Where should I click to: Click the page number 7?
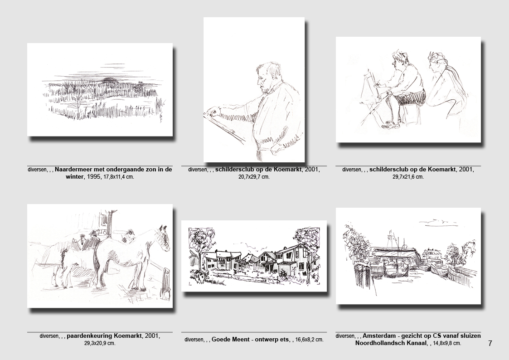pyautogui.click(x=490, y=343)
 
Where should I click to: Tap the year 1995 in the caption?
pyautogui.click(x=93, y=177)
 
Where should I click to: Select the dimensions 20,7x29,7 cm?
pyautogui.click(x=254, y=177)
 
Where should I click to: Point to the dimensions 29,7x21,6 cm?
pyautogui.click(x=408, y=177)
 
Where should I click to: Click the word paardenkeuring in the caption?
pyautogui.click(x=87, y=336)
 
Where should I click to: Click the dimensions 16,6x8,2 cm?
pyautogui.click(x=310, y=340)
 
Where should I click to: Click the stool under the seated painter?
pyautogui.click(x=411, y=112)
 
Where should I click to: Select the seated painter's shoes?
pyautogui.click(x=391, y=125)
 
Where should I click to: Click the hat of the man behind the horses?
pyautogui.click(x=93, y=233)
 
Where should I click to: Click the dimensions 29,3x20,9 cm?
pyautogui.click(x=100, y=343)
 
